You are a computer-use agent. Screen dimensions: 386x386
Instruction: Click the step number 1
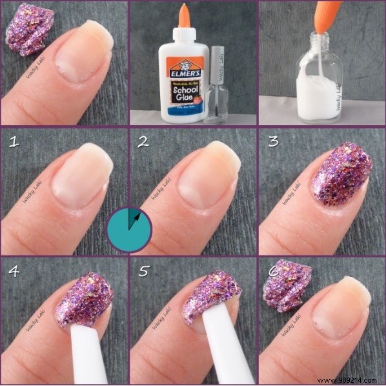point(12,141)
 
